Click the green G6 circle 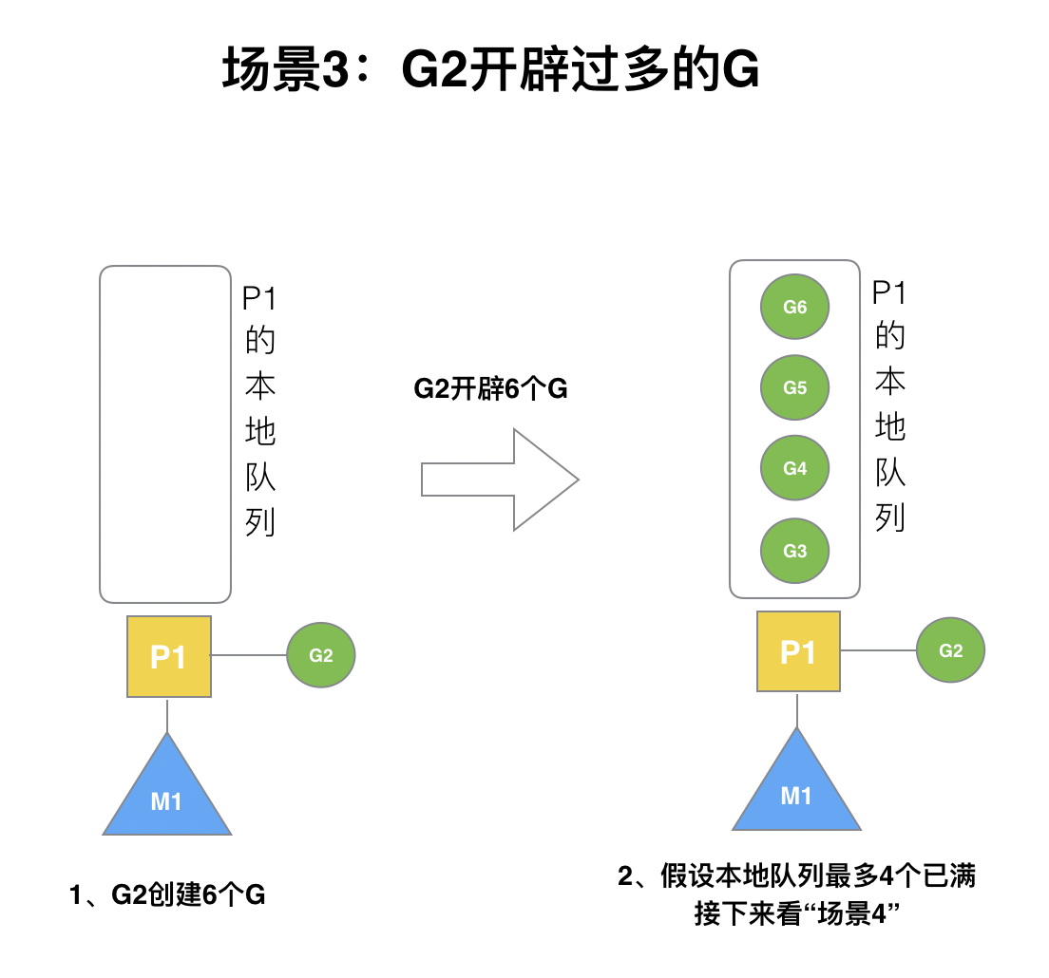point(795,307)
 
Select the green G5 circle point(795,387)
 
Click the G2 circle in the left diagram point(321,655)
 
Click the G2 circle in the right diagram point(950,650)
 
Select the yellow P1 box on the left point(168,656)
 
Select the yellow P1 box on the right point(798,651)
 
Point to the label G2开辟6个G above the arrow point(490,388)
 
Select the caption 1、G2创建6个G point(167,894)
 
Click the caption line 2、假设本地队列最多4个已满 point(796,876)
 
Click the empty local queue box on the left point(165,434)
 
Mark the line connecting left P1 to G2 point(249,655)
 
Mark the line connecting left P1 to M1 point(167,715)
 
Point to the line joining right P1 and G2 point(878,650)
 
